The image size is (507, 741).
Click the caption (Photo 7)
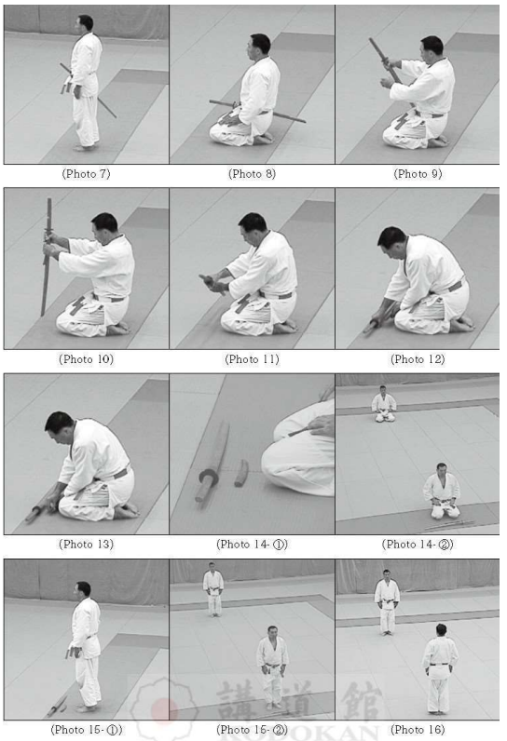(x=86, y=174)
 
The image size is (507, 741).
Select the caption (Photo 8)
(x=252, y=174)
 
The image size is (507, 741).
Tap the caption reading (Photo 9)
(x=418, y=174)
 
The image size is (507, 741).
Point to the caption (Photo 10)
(x=86, y=359)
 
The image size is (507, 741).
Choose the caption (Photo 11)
(x=252, y=359)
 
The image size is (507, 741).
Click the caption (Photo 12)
(x=418, y=359)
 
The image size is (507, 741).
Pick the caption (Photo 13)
(x=86, y=545)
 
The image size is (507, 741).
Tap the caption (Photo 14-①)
(x=252, y=545)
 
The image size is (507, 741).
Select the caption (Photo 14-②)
(x=418, y=545)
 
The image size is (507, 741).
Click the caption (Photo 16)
(x=418, y=730)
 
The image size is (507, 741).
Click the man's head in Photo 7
(x=85, y=22)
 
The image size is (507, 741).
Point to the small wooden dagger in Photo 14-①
(x=241, y=473)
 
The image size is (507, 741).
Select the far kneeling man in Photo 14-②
(x=384, y=405)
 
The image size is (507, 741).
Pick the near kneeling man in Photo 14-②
(x=442, y=492)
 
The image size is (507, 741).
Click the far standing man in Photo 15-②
(x=213, y=589)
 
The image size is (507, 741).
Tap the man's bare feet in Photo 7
(x=84, y=147)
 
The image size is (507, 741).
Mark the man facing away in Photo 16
(x=440, y=668)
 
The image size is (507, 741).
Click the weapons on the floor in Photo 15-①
(x=57, y=706)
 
